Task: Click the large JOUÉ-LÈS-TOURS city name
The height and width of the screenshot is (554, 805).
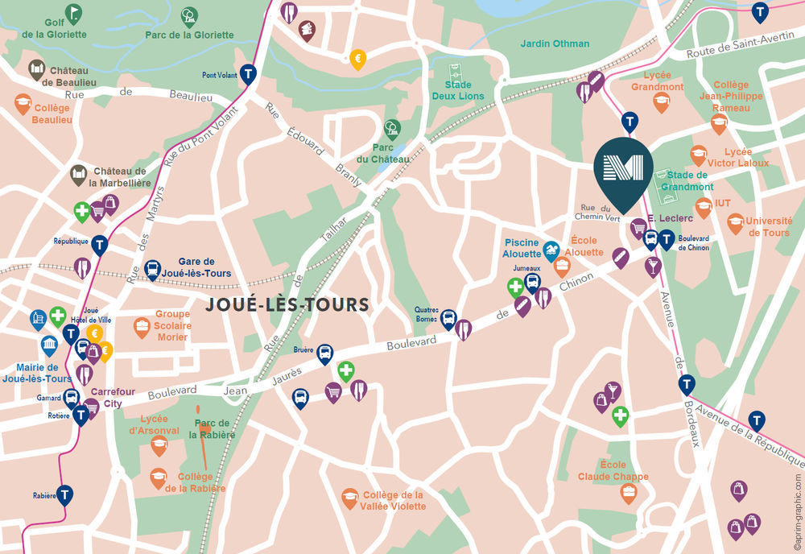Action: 287,304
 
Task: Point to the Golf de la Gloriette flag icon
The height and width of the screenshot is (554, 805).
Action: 73,13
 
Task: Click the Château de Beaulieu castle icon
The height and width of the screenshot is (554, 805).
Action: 36,69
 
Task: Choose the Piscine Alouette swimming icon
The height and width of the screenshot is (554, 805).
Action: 551,250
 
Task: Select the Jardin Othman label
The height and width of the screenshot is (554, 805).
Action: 555,43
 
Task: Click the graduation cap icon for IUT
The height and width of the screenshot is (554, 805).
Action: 704,205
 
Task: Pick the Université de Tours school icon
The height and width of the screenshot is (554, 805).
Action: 734,221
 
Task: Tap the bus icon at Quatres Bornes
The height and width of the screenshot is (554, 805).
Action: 448,319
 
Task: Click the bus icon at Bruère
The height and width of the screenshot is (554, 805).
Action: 324,353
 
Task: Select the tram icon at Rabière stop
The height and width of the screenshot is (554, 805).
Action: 64,494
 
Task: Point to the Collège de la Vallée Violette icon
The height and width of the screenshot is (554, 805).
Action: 349,497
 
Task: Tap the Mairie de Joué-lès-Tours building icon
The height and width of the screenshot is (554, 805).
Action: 49,345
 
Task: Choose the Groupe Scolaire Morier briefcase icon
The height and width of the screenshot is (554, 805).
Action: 142,326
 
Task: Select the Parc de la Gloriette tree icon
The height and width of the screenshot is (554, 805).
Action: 189,15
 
